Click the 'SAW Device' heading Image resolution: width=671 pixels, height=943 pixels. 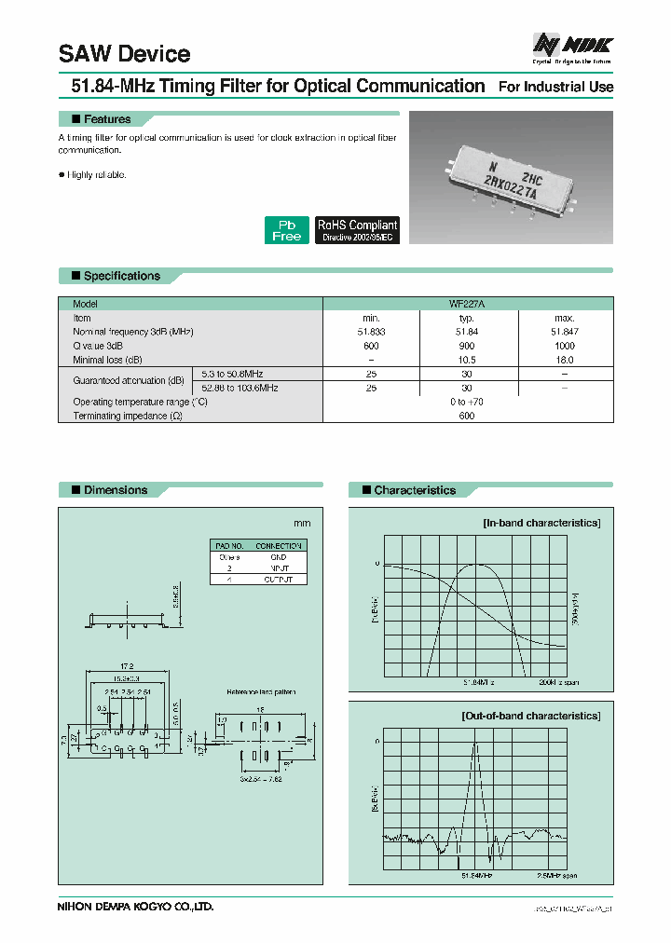coord(124,54)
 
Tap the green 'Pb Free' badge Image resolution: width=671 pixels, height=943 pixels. coord(286,230)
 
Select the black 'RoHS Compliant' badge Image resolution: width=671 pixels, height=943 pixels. coord(358,230)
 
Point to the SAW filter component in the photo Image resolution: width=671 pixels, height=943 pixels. coord(512,180)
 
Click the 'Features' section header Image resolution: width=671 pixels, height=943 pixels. coord(107,119)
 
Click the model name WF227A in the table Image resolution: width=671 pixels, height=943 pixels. coord(467,304)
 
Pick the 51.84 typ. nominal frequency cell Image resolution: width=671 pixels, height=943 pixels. coord(467,332)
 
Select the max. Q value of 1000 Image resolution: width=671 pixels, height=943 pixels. coord(564,346)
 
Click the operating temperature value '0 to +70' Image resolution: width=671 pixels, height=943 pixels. coord(467,402)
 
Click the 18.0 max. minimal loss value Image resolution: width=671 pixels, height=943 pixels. coord(564,360)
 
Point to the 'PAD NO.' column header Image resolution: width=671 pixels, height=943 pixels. coord(229,545)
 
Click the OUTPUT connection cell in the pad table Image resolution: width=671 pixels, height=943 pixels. coord(279,579)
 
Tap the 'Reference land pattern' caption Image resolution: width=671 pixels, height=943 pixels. coord(260,691)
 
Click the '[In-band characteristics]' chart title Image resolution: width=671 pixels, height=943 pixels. coord(541,523)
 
